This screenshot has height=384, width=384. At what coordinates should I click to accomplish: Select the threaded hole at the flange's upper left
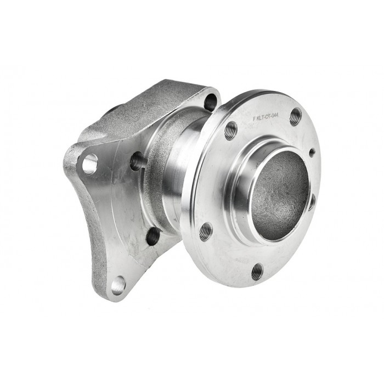(x=231, y=130)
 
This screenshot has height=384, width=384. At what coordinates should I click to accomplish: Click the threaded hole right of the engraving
(x=296, y=116)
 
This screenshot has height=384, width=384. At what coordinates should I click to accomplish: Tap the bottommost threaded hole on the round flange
(x=257, y=270)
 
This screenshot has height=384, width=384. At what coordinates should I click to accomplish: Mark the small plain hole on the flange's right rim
(x=312, y=152)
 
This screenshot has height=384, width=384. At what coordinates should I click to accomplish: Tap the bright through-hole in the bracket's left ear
(x=90, y=163)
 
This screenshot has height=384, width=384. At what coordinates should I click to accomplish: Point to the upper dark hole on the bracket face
(x=137, y=161)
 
